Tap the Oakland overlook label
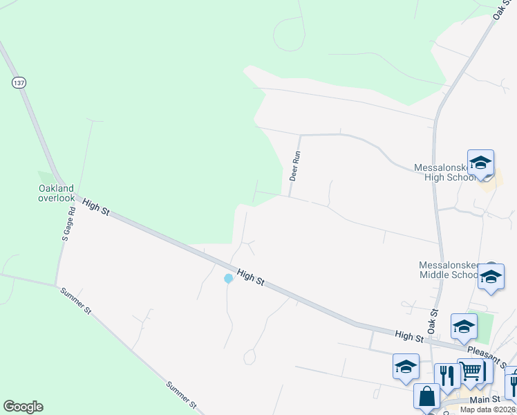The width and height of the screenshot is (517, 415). pos(56,192)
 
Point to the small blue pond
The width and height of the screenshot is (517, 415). pos(228,279)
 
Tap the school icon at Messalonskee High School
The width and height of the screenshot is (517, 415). pos(480,163)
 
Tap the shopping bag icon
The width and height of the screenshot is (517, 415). pos(427,397)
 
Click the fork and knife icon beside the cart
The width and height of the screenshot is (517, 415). pos(447,376)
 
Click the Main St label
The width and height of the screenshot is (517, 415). pos(485,399)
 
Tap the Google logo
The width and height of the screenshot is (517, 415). pos(23,407)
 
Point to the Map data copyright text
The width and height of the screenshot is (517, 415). pos(488,409)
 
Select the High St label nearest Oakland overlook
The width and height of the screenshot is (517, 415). pos(96,206)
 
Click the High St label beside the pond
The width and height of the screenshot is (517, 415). pos(250,277)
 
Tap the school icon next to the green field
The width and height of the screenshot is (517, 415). pos(464,326)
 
